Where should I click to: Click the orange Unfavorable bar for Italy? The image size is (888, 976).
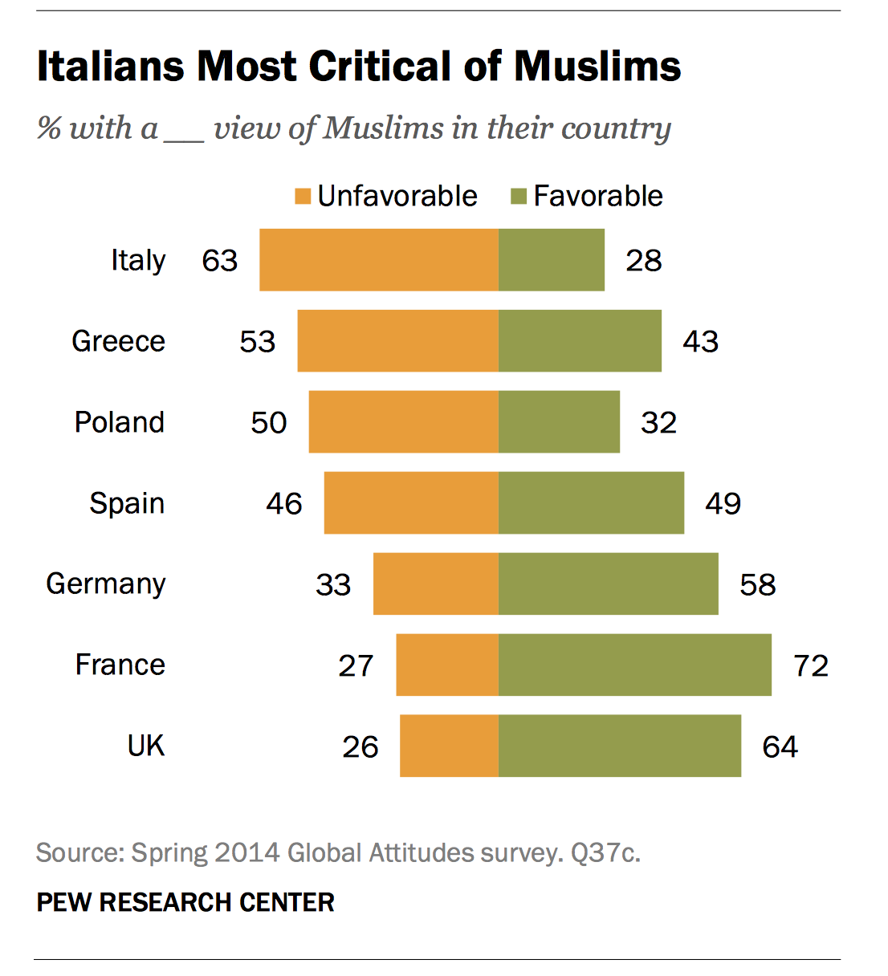point(378,260)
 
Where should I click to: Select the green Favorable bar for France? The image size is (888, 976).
point(634,665)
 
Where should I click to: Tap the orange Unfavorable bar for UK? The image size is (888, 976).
point(449,746)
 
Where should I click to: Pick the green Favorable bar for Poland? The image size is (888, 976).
point(559,422)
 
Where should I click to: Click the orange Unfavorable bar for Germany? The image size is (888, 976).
point(435,584)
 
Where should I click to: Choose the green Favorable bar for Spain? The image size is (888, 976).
point(591,503)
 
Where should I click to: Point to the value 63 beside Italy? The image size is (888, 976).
point(220,260)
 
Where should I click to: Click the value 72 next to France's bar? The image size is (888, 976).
point(811,665)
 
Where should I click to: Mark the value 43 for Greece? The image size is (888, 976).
point(700,341)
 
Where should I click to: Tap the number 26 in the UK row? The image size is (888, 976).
point(360,746)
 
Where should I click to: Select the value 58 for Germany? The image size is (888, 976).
point(757,584)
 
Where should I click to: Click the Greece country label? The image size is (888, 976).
point(118,341)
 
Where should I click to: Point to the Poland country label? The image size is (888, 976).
point(119,422)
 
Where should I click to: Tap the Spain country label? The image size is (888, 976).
point(127,503)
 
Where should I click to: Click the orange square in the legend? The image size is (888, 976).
point(303,197)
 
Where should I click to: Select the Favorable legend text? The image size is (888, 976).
point(598,196)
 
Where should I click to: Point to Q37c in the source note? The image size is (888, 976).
point(605,852)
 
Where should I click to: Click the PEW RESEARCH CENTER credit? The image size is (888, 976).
point(185,902)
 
